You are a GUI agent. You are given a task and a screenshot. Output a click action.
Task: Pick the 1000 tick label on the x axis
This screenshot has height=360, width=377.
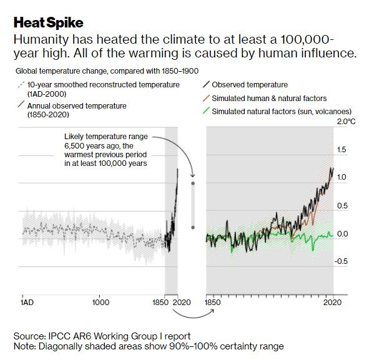pyautogui.click(x=100, y=303)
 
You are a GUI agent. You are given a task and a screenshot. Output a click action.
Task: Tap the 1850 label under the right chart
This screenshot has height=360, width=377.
pyautogui.click(x=213, y=303)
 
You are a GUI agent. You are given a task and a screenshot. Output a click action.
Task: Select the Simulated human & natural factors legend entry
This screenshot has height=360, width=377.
pyautogui.click(x=269, y=98)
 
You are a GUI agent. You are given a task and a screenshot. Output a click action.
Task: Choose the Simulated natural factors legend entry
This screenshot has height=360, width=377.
pyautogui.click(x=278, y=112)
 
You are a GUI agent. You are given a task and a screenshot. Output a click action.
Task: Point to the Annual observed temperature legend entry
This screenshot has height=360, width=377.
pyautogui.click(x=77, y=106)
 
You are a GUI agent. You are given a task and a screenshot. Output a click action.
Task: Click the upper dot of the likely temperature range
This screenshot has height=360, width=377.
pyautogui.click(x=193, y=184)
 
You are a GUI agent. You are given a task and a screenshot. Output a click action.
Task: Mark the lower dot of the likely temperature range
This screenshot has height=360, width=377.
pyautogui.click(x=193, y=227)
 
